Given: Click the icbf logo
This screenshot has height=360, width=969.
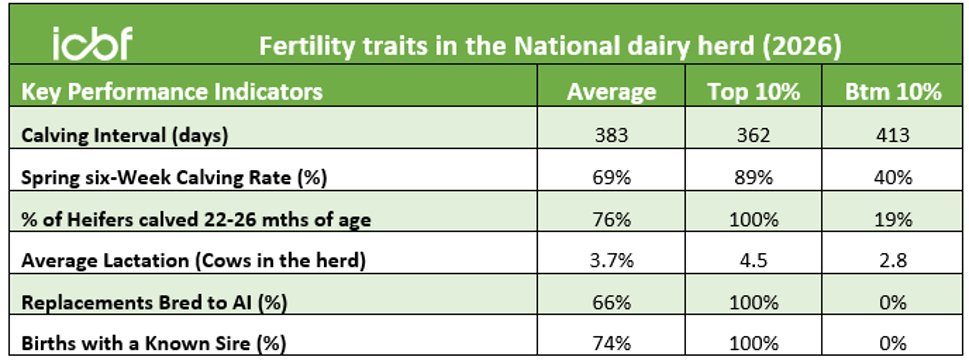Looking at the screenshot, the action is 93,44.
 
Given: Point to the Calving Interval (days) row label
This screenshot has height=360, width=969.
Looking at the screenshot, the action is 125,136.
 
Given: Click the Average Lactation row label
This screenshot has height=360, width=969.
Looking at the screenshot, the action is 193,261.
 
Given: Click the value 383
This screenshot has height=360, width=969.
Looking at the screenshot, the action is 611,136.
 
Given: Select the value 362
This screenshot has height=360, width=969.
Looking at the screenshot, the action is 753,136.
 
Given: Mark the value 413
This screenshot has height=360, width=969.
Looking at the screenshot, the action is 893,136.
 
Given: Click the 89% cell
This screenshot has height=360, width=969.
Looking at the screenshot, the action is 753,178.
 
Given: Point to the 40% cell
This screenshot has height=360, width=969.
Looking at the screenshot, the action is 894,178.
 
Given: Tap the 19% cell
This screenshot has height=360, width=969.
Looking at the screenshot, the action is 894,219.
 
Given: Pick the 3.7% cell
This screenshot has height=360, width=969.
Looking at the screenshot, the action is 611,261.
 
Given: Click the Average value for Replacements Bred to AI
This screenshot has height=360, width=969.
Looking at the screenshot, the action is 611,303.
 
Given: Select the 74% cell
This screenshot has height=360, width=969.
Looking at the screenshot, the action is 611,343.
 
